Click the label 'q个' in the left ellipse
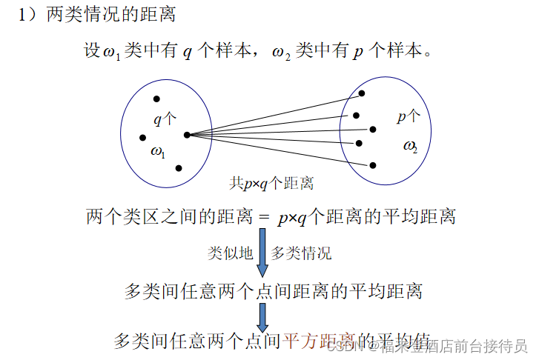point(165,119)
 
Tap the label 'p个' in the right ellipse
point(409,116)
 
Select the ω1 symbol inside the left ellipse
point(158,152)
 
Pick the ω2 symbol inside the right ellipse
point(410,146)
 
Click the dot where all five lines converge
point(186,135)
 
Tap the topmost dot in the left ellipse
point(156,99)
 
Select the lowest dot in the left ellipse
point(179,168)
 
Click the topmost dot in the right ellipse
point(362,93)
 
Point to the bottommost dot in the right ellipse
point(372,165)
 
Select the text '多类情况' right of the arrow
point(301,253)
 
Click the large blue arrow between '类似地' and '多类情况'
point(262,252)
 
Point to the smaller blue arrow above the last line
point(262,316)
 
